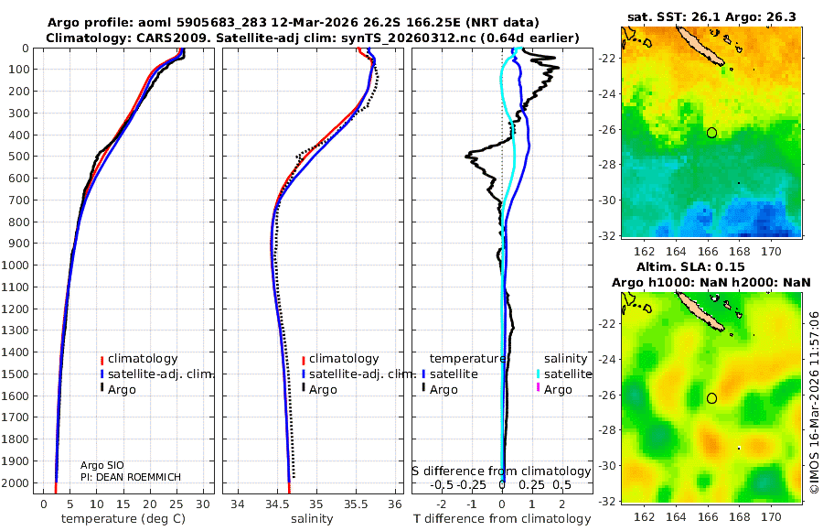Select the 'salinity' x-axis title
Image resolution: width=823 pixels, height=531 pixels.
pyautogui.click(x=311, y=519)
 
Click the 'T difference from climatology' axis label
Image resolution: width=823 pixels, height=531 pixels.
pyautogui.click(x=501, y=519)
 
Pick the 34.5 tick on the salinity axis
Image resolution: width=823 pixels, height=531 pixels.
pyautogui.click(x=276, y=504)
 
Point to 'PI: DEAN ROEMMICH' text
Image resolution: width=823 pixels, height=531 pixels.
pyautogui.click(x=130, y=478)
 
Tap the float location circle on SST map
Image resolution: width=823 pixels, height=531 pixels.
pyautogui.click(x=711, y=133)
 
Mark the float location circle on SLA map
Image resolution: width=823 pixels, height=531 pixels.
pyautogui.click(x=711, y=398)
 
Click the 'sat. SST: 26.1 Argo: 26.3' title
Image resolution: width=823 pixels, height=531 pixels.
pyautogui.click(x=711, y=16)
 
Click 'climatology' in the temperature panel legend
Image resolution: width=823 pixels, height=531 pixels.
pyautogui.click(x=142, y=359)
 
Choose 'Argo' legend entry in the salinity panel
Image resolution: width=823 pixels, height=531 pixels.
pyautogui.click(x=324, y=390)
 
